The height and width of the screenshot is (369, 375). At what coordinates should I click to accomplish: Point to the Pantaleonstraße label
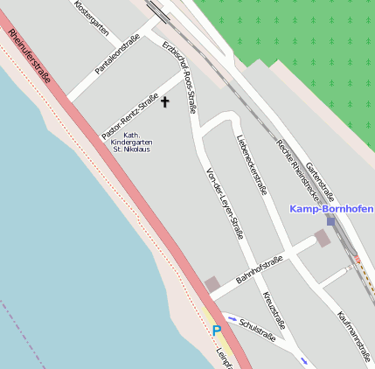point(118,55)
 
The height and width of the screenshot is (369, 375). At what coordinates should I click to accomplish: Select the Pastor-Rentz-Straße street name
point(135,117)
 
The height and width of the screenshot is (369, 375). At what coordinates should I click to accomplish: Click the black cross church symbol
point(165,102)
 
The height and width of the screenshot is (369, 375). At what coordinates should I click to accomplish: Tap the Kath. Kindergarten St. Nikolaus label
point(131,143)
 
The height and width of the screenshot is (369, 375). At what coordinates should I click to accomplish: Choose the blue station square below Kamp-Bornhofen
point(330,221)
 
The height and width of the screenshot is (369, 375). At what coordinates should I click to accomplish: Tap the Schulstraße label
point(257,329)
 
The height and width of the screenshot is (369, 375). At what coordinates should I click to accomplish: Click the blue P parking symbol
point(217,331)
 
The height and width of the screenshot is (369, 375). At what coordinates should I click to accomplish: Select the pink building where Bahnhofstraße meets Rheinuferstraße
point(212,284)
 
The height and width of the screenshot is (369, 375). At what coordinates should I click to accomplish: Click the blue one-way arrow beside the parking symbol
point(232,317)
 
